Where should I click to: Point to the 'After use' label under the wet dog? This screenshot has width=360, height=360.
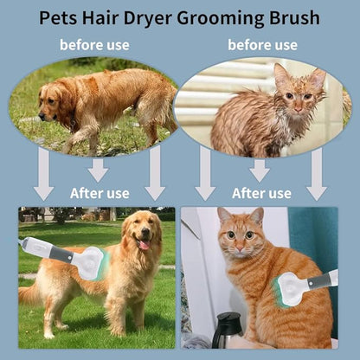tap(100, 193)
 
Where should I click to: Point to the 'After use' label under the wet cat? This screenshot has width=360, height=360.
tap(261, 193)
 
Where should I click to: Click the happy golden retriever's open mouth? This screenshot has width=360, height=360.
tap(144, 245)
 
